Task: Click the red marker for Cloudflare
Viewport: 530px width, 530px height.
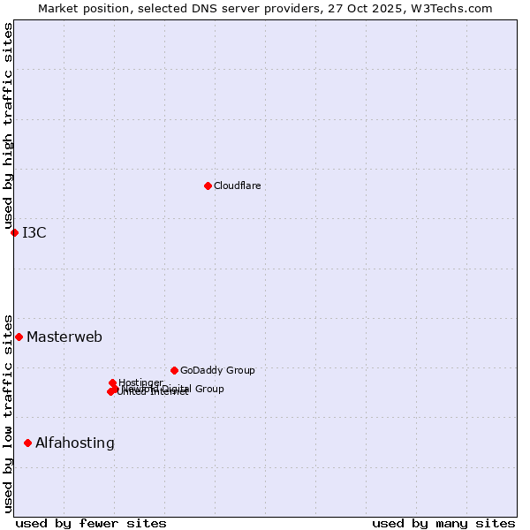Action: [x=208, y=185]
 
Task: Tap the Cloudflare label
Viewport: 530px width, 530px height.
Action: [x=237, y=185]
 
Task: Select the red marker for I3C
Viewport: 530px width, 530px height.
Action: [x=14, y=232]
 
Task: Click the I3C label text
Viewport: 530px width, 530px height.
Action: [x=34, y=233]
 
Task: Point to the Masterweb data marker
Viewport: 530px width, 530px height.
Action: [x=19, y=337]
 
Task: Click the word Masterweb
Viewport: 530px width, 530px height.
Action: [x=64, y=337]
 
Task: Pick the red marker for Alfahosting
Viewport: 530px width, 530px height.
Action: [x=27, y=443]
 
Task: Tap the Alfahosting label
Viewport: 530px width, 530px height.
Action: [x=75, y=443]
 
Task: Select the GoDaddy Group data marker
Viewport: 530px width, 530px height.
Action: [x=174, y=370]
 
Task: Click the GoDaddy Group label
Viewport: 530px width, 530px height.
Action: [x=217, y=371]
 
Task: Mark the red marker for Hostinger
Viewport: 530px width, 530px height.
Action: [x=112, y=382]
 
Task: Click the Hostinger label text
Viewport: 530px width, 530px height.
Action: [x=140, y=382]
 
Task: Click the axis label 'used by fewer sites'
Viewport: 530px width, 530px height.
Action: [x=91, y=523]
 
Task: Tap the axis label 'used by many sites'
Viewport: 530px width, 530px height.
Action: [x=443, y=523]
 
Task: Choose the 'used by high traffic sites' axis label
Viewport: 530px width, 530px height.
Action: [x=9, y=126]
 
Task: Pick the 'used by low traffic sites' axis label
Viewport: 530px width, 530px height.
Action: [x=9, y=413]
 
